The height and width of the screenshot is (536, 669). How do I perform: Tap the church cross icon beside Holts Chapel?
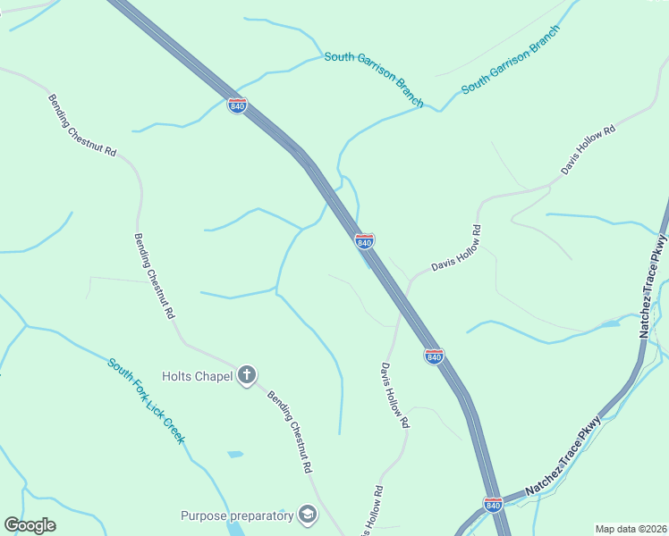click(248, 375)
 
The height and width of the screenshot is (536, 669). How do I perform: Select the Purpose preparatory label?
click(237, 515)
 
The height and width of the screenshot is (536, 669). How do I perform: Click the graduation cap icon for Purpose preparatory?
click(308, 515)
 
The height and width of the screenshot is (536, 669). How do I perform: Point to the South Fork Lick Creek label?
click(147, 401)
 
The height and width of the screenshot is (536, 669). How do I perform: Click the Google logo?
click(30, 525)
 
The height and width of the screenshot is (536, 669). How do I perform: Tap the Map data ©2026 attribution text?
click(631, 529)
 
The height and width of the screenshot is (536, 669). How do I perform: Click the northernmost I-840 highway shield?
click(237, 106)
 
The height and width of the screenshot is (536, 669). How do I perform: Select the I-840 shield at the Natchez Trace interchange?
click(493, 505)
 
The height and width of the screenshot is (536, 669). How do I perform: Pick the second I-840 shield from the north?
click(364, 242)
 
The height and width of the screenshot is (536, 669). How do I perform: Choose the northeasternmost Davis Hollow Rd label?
click(589, 151)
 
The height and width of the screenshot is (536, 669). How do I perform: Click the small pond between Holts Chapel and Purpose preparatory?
click(235, 455)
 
